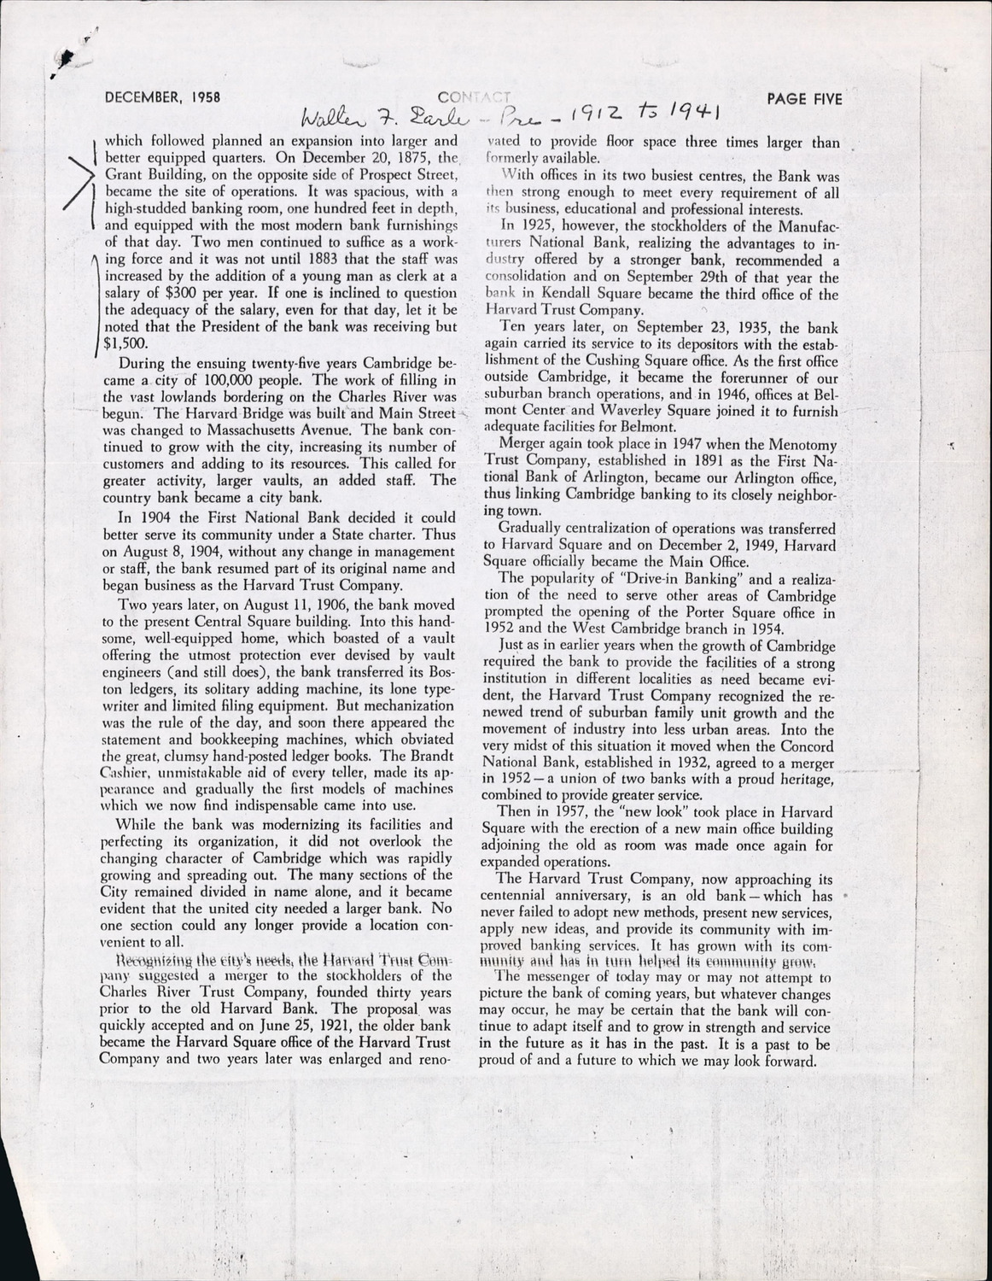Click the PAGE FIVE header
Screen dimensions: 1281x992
point(804,98)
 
